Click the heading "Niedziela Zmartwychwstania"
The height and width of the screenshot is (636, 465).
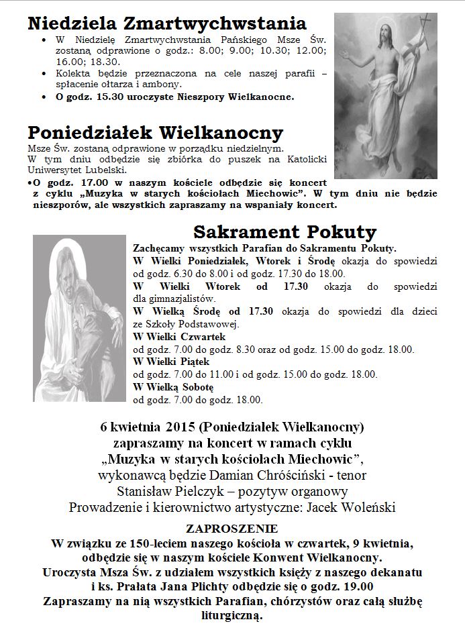click(x=166, y=24)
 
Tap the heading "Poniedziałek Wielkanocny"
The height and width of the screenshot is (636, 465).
click(x=155, y=132)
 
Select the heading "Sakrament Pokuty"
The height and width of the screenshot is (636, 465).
click(x=285, y=232)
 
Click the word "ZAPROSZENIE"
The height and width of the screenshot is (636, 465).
click(x=232, y=529)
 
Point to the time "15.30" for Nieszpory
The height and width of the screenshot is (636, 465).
click(x=98, y=97)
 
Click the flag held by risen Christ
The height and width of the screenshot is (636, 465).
click(x=423, y=30)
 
